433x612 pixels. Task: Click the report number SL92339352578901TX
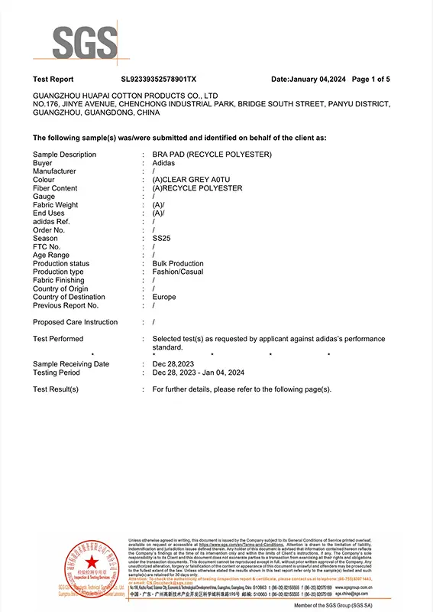(x=159, y=79)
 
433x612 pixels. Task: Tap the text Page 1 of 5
(x=370, y=79)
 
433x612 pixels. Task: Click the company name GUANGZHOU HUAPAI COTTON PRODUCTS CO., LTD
(x=126, y=96)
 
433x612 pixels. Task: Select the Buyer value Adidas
(x=163, y=163)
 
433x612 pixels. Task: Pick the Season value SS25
(x=161, y=238)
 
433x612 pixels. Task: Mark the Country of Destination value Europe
(x=164, y=297)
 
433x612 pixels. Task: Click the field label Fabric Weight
(x=56, y=205)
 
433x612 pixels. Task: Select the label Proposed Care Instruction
(x=76, y=322)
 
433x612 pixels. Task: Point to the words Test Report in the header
(x=53, y=79)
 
